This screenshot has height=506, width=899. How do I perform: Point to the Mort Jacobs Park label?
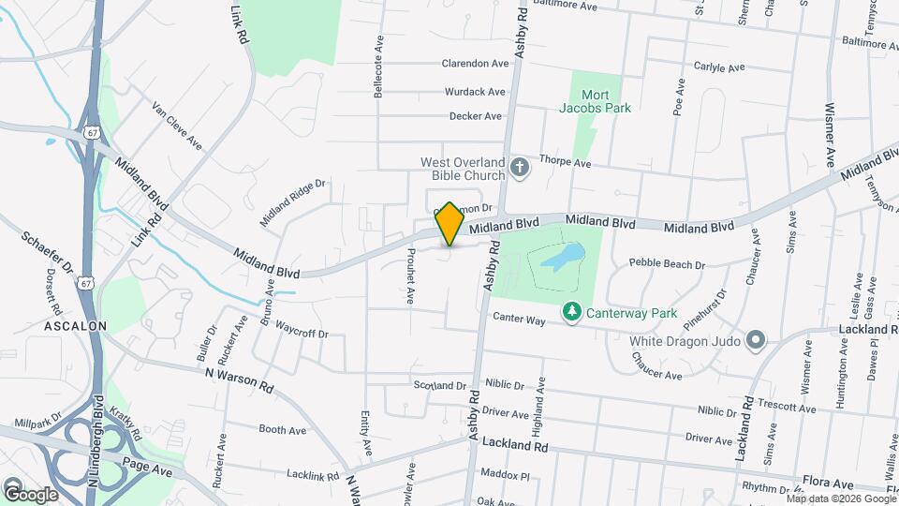[595, 101]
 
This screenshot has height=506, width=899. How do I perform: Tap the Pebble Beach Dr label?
[667, 263]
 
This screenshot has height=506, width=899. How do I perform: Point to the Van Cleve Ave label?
[178, 126]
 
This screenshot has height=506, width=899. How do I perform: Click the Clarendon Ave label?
[475, 64]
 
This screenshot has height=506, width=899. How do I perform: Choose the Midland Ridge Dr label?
[292, 203]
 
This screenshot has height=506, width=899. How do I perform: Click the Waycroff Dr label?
[302, 334]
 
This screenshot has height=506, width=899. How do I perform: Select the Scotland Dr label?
[440, 385]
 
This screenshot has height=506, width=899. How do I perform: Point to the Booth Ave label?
[283, 430]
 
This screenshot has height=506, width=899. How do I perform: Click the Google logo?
[31, 494]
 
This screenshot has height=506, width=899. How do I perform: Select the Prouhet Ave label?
[410, 276]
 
